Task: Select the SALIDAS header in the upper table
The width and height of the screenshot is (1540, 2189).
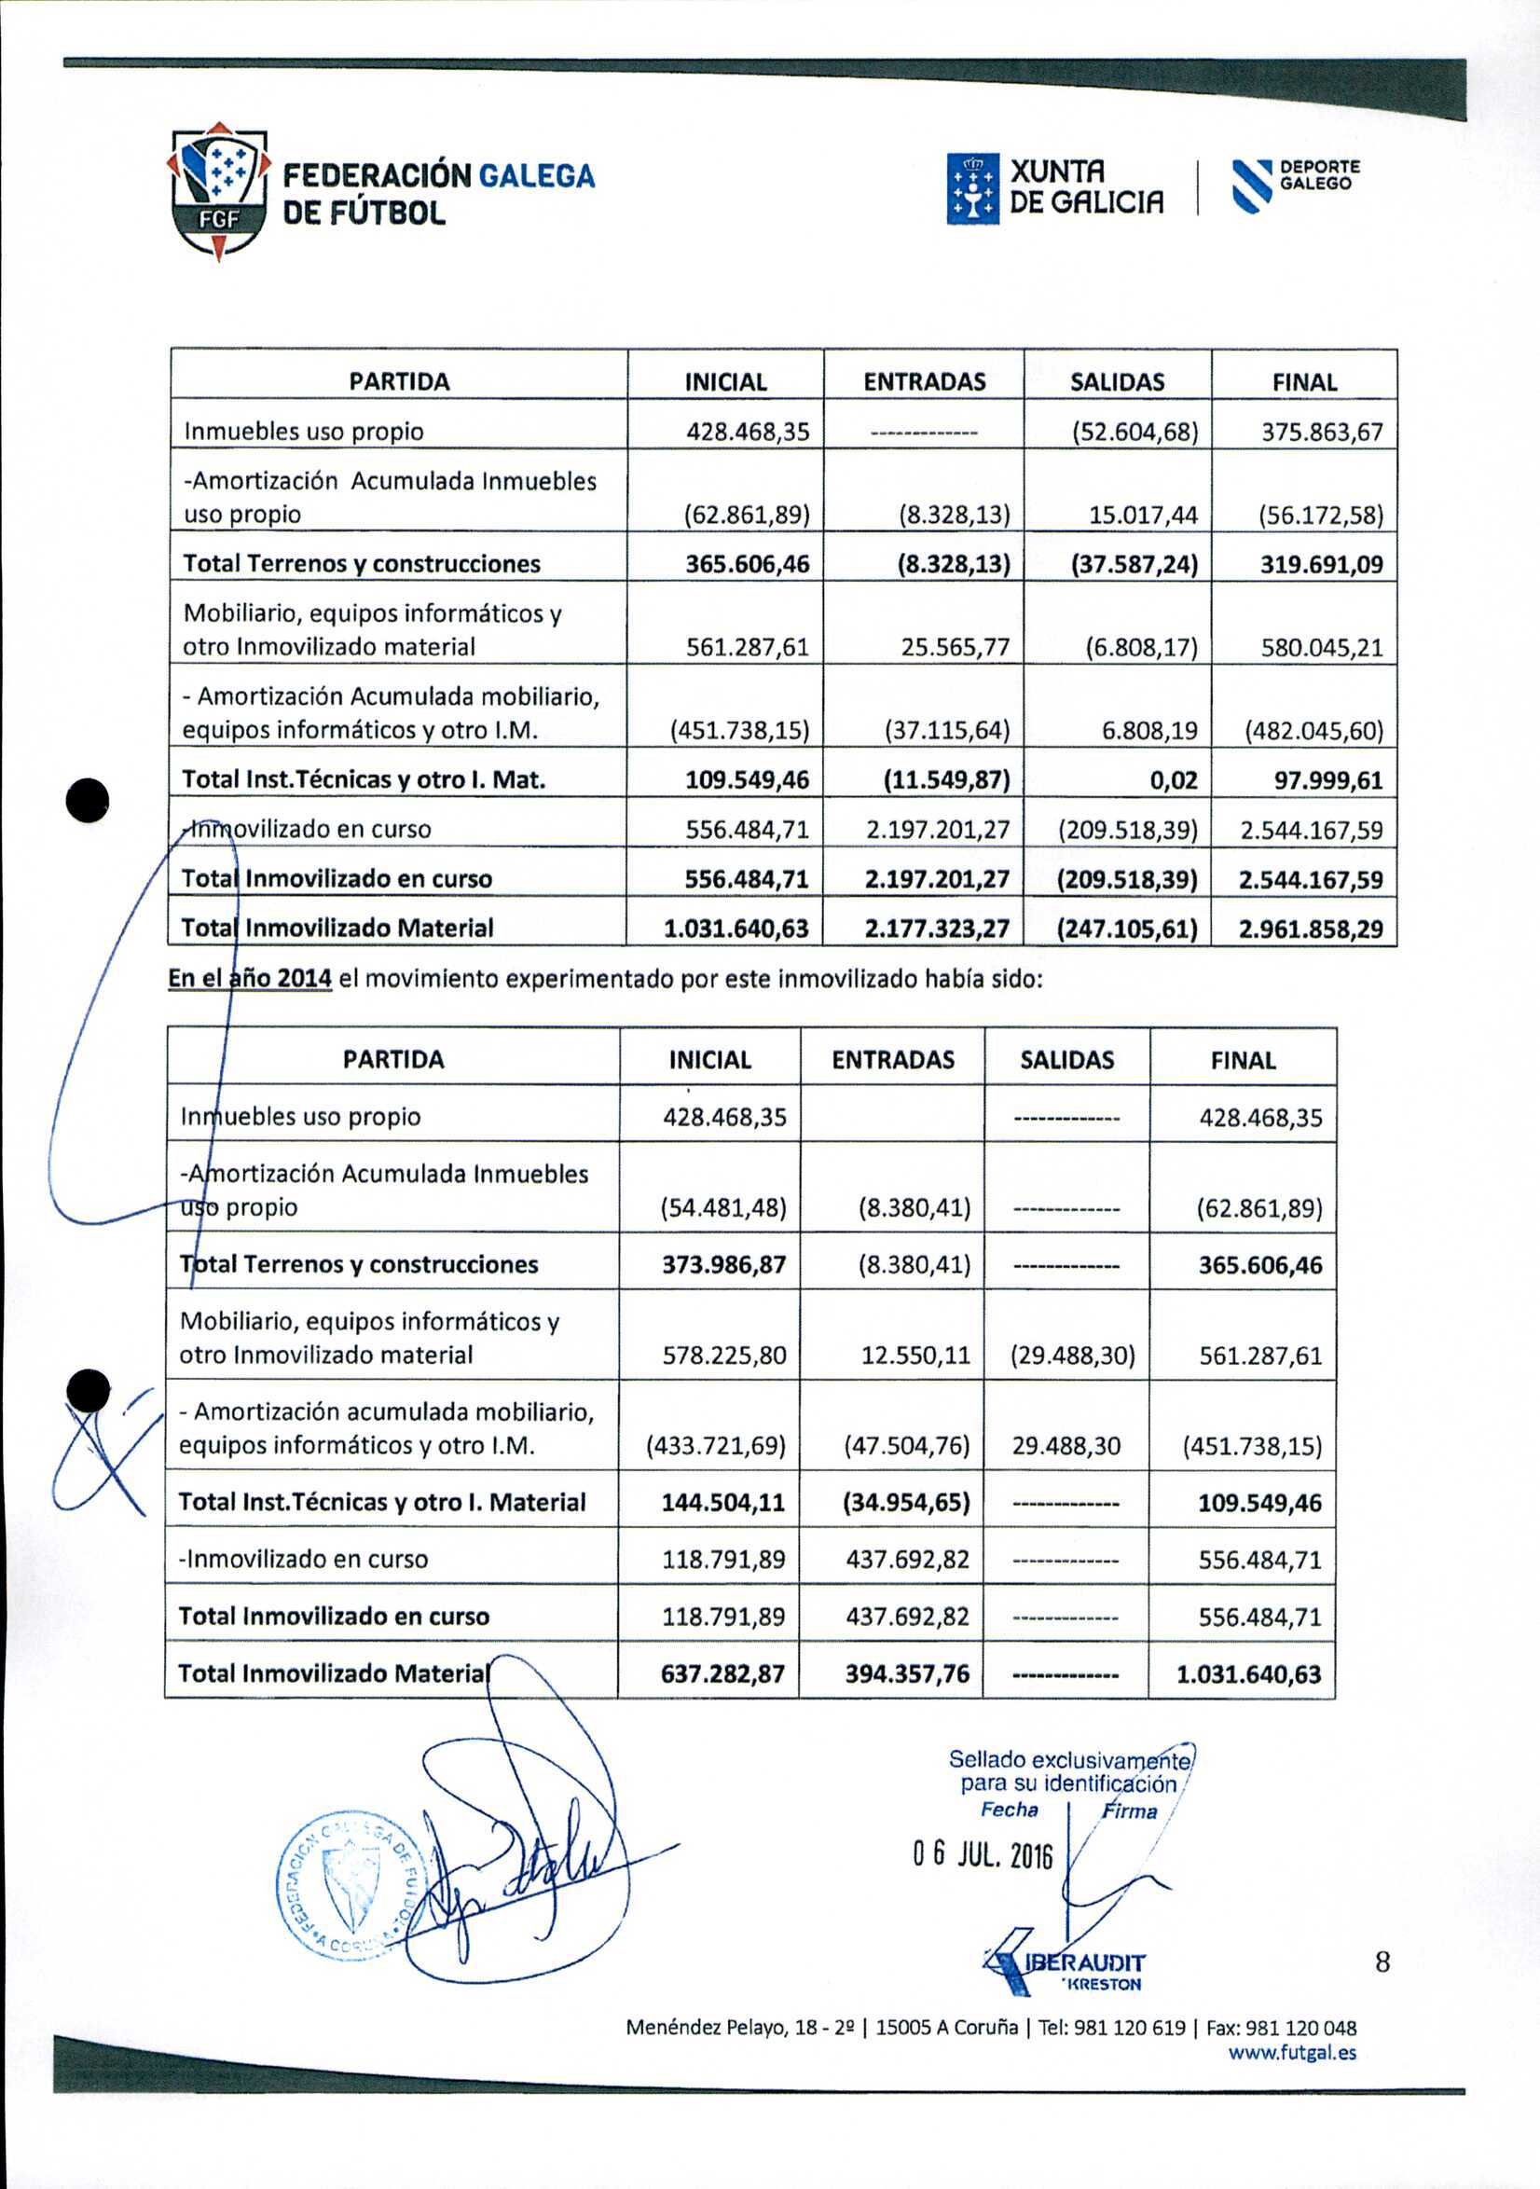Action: point(1117,382)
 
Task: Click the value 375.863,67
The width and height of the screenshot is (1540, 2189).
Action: point(1322,432)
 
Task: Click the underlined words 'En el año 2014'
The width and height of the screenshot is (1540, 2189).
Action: point(250,979)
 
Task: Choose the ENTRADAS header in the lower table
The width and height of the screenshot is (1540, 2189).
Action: point(892,1060)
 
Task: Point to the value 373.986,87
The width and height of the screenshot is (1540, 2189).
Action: point(723,1265)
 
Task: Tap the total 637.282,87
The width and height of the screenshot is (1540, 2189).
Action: point(722,1674)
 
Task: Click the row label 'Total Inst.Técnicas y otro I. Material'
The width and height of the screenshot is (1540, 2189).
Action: point(381,1503)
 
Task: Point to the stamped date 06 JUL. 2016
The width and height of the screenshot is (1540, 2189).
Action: point(982,1854)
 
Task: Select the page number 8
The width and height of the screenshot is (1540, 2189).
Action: point(1382,1962)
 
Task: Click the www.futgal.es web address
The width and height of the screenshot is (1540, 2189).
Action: point(1292,2053)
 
